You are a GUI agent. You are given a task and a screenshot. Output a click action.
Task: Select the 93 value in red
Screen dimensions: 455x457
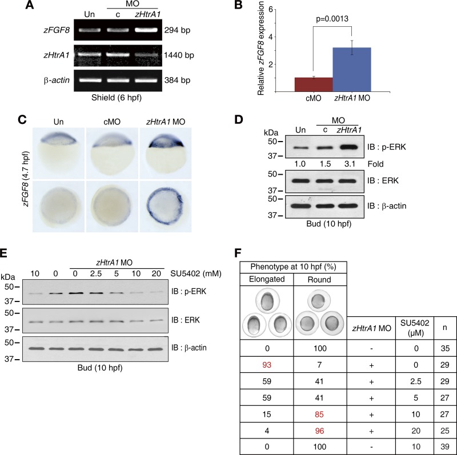(x=267, y=355)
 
